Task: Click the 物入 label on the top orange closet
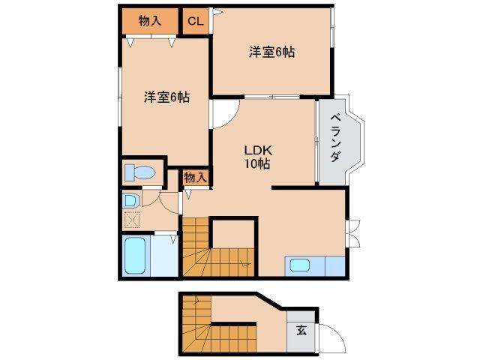pos(150,20)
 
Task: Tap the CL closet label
pos(195,21)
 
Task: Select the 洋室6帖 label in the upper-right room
pos(271,52)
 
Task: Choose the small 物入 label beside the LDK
pos(195,178)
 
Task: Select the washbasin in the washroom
pos(130,201)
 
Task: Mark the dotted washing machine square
pos(132,220)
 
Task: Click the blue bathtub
pos(135,256)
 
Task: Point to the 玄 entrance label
pos(301,329)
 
